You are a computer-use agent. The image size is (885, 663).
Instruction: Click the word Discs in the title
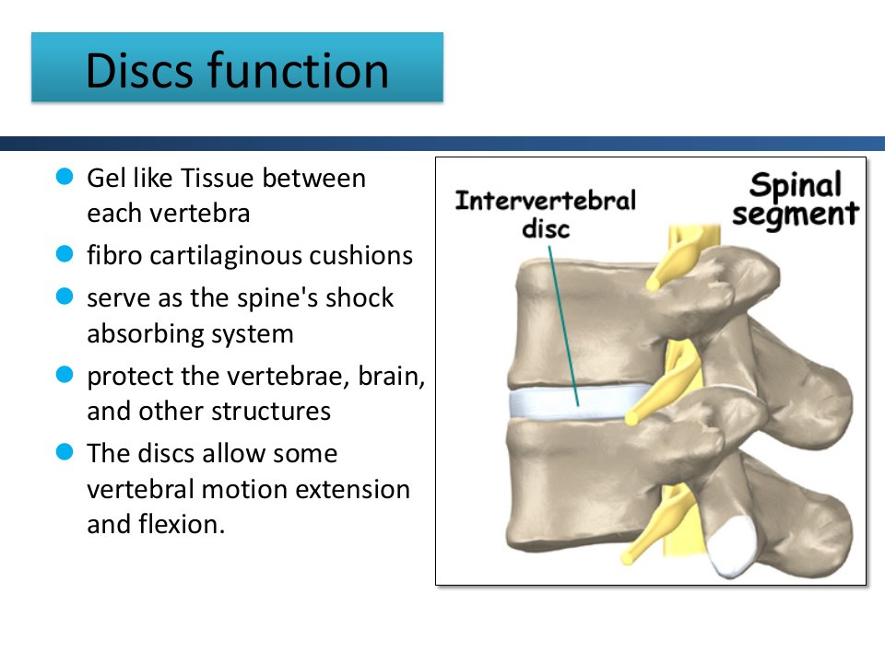tap(139, 71)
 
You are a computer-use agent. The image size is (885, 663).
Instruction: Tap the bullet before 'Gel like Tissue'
tap(65, 177)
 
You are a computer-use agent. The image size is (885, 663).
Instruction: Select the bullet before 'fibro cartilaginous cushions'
tap(65, 254)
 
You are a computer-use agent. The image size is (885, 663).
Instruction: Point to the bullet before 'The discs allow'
tap(65, 451)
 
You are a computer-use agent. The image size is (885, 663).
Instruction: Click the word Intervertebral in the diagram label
tap(545, 201)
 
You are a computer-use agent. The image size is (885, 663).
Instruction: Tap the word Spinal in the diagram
tap(796, 185)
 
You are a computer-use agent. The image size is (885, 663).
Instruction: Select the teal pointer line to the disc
tap(563, 326)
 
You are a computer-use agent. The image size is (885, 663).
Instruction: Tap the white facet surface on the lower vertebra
tap(731, 546)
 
